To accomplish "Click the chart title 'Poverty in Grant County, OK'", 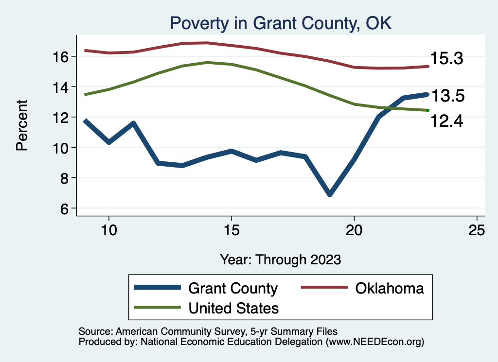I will coord(280,22).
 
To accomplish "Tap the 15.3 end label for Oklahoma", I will coord(445,59).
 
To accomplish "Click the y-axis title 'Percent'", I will coord(22,125).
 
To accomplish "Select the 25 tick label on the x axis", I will coord(477,230).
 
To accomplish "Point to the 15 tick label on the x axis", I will coord(231,230).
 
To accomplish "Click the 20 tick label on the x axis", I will coord(354,230).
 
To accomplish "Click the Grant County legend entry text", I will coord(232,288).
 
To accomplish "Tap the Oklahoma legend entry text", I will coord(390,288).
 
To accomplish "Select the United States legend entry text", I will coord(233,308).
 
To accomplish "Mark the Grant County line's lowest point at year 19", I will coord(330,194).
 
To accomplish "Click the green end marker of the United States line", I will coord(427,110).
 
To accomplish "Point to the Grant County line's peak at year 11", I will coord(133,123).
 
